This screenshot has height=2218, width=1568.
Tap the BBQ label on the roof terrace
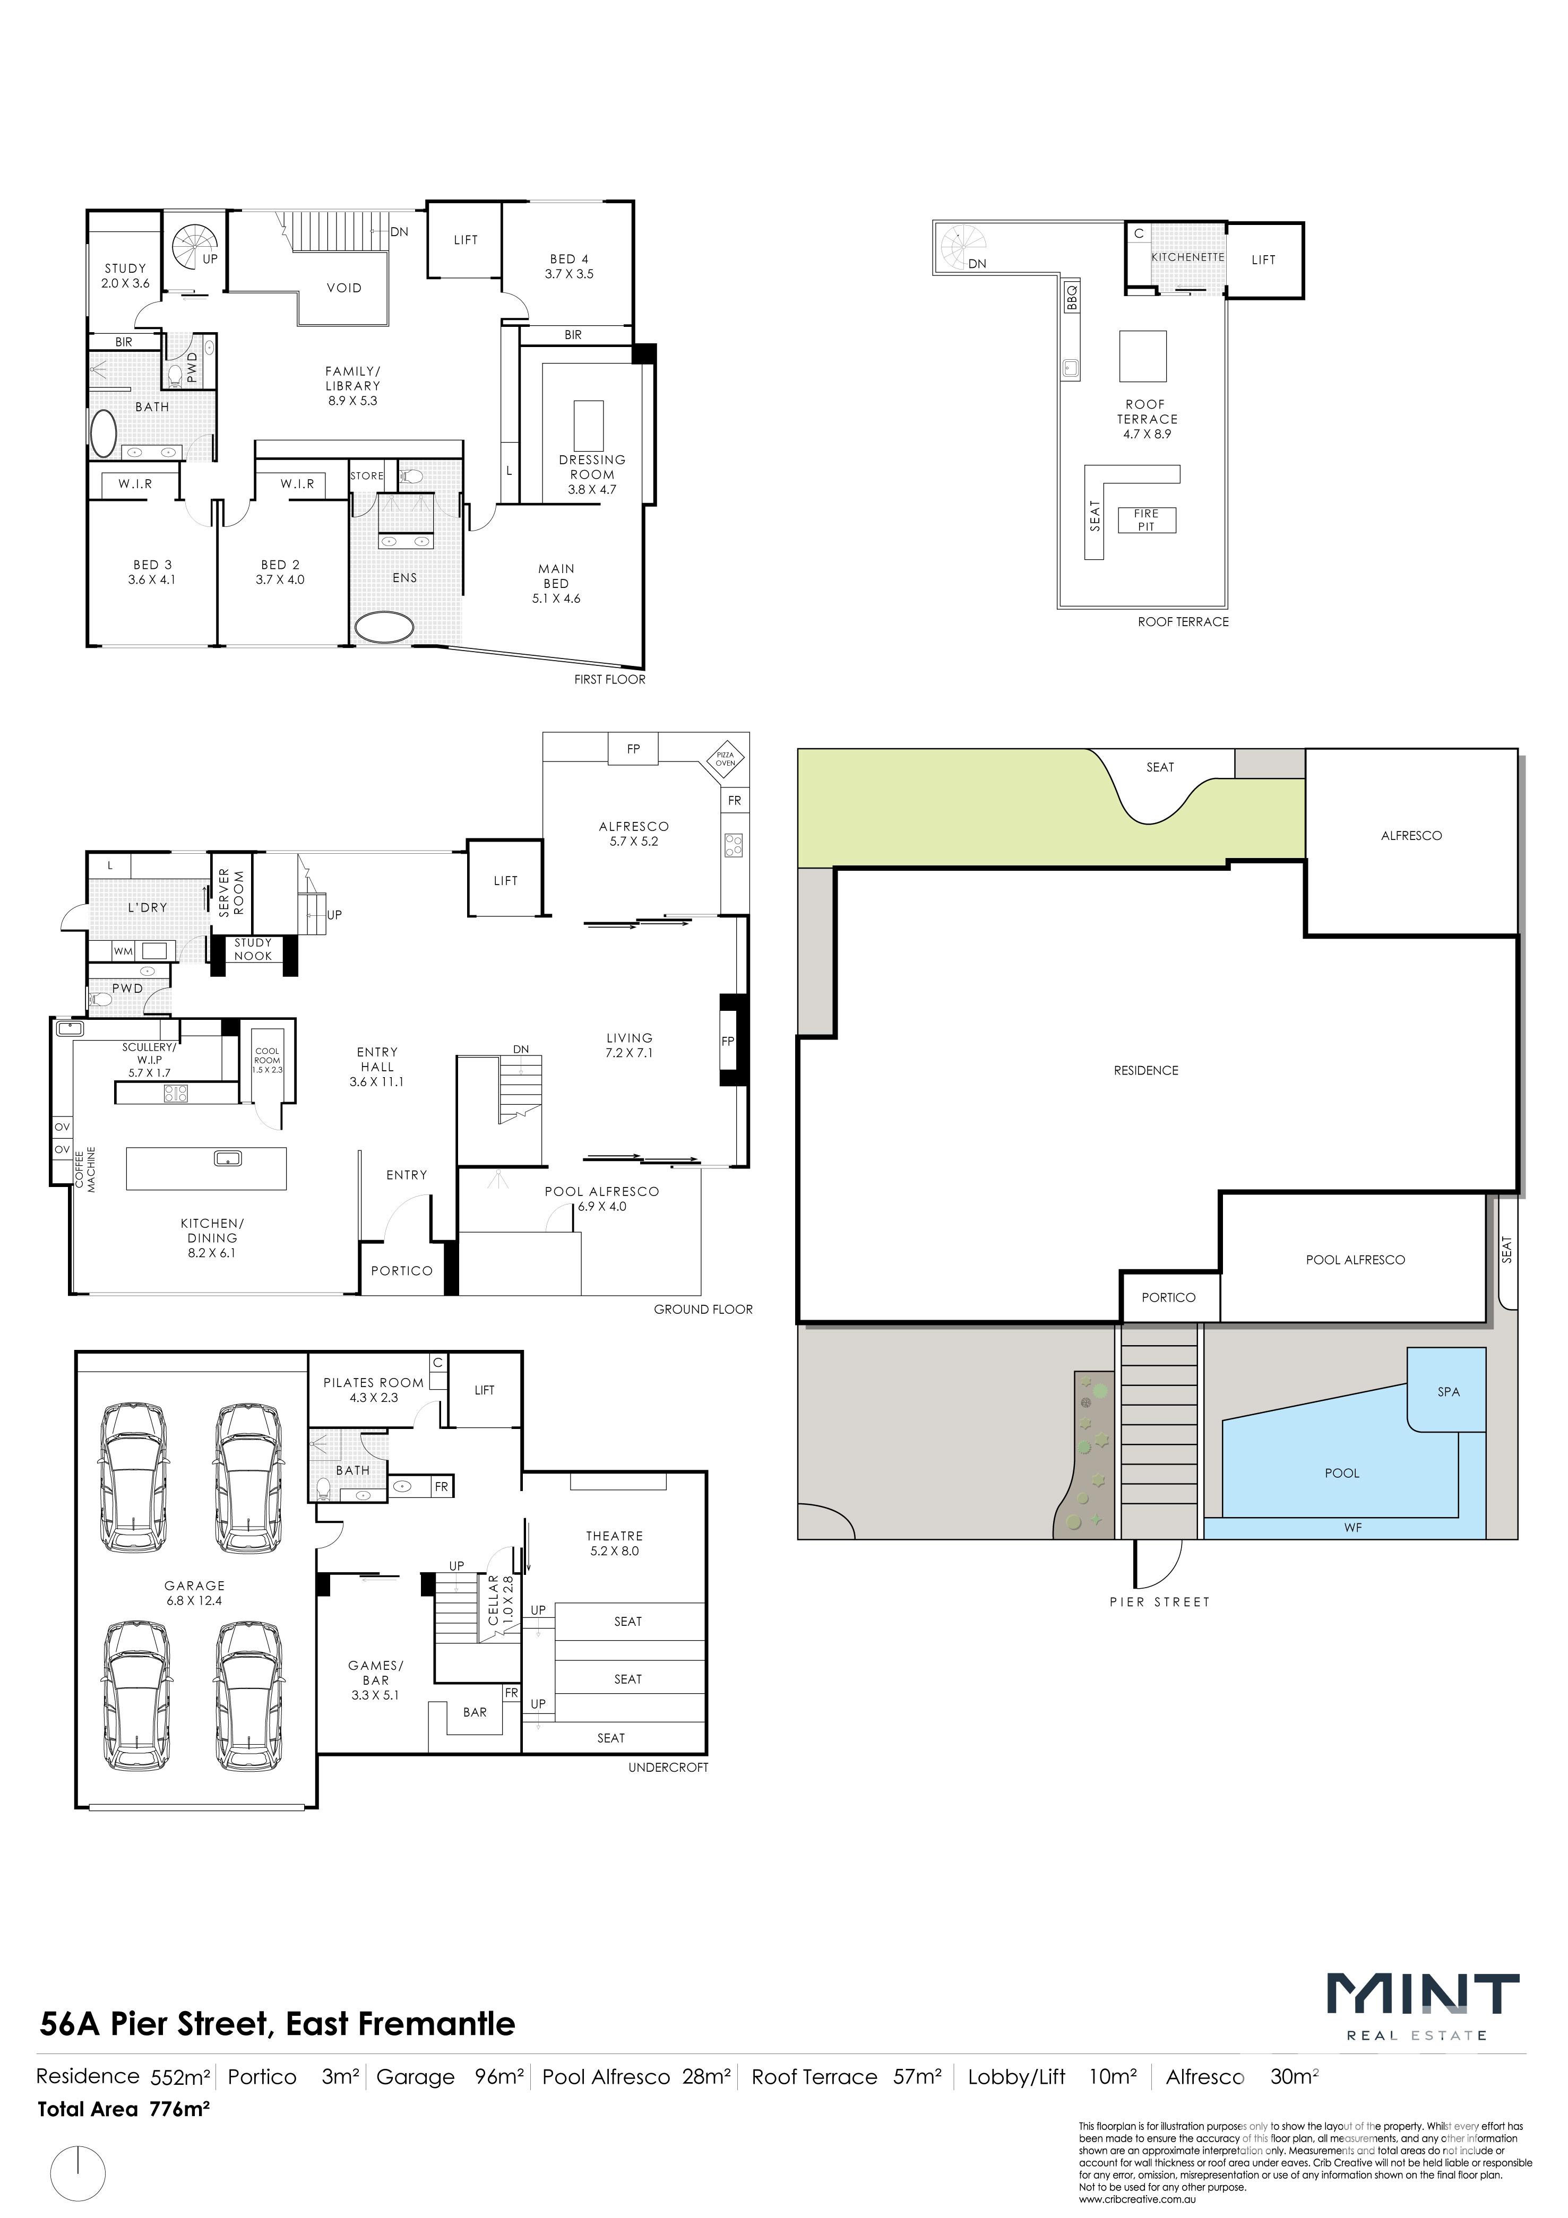1071,296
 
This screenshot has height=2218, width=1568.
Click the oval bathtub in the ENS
384,628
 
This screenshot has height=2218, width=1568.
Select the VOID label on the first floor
344,288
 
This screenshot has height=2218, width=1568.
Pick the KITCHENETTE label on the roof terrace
1187,257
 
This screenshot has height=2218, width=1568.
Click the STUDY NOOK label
253,949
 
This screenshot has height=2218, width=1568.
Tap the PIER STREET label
1159,1601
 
